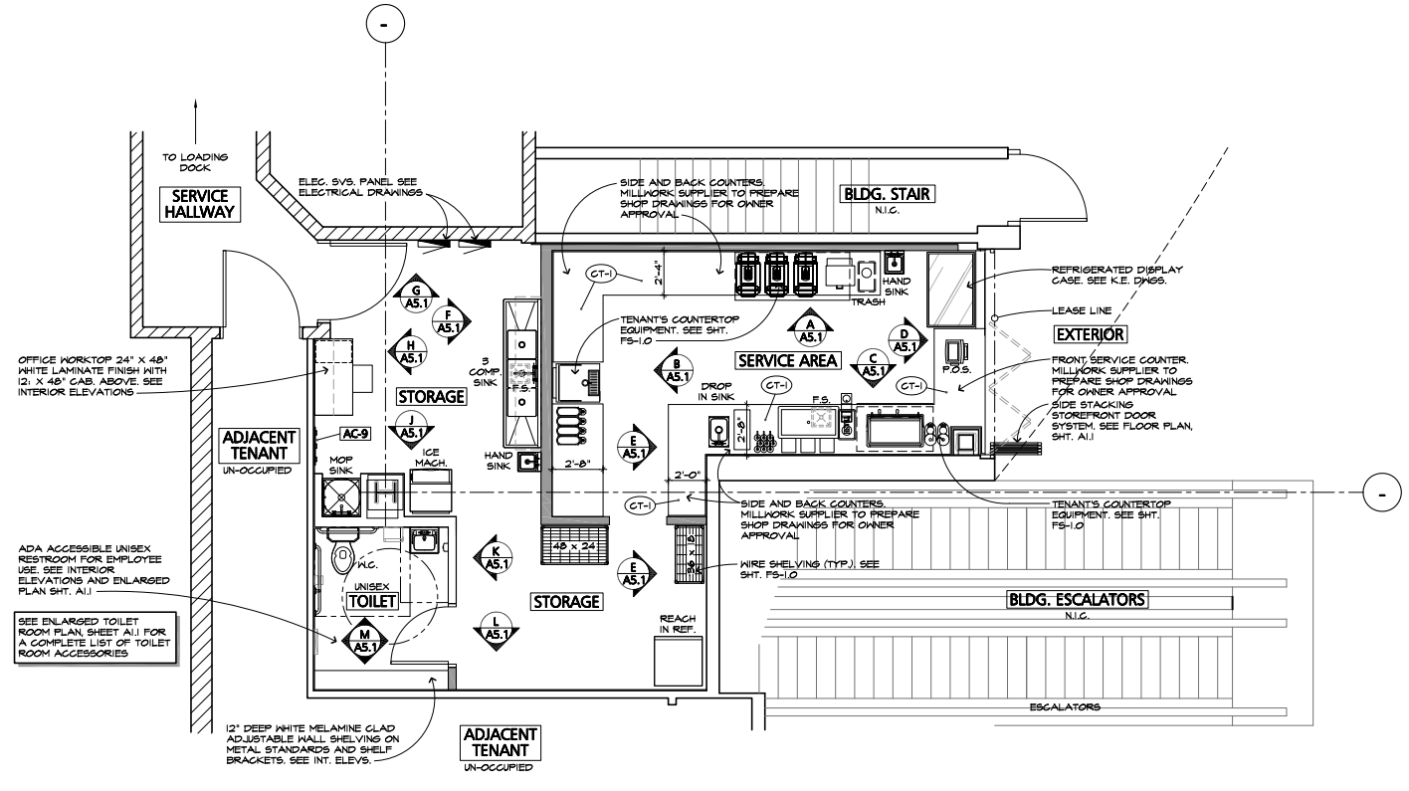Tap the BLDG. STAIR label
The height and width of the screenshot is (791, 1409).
pos(887,194)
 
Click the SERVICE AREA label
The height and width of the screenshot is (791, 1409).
pos(787,359)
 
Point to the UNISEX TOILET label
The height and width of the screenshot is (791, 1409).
pos(373,601)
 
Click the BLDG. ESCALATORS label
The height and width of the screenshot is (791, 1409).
pos(1078,599)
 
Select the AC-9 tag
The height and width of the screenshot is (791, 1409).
pos(355,434)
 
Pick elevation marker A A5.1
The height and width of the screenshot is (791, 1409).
pos(811,329)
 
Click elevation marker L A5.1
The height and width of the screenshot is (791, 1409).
pos(496,629)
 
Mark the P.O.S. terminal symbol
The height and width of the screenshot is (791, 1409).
pos(957,352)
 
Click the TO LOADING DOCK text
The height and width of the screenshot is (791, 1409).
pos(197,162)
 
